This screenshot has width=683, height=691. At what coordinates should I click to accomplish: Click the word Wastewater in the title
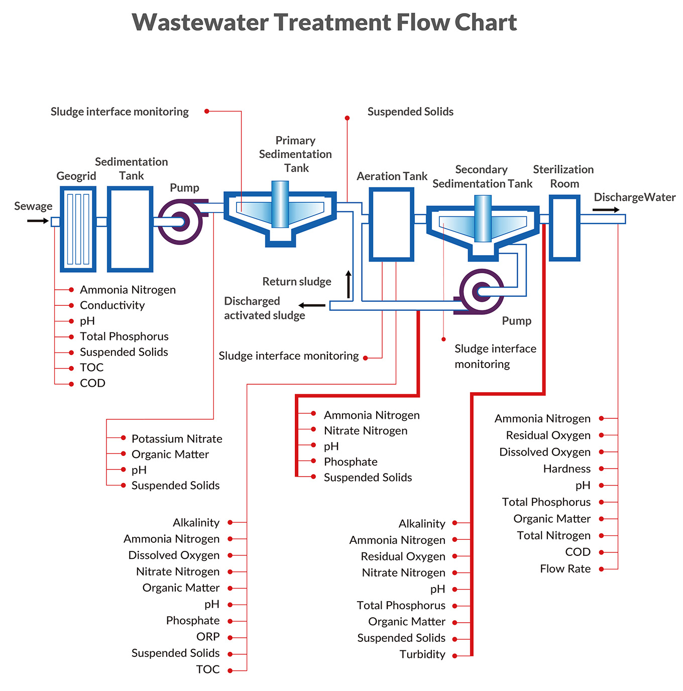click(200, 22)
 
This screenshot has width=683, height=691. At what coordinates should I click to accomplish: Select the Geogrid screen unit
click(78, 229)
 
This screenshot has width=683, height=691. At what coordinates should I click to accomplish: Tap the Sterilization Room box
click(564, 227)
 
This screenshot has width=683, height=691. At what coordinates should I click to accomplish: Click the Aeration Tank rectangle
click(391, 224)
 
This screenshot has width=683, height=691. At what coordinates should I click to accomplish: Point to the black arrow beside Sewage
click(38, 221)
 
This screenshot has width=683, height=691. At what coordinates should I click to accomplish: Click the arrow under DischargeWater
click(606, 210)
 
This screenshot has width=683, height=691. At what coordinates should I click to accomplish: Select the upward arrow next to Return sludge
click(349, 284)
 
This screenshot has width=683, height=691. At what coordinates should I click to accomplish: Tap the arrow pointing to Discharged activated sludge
click(312, 305)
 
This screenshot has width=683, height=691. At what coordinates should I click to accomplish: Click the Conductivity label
click(112, 305)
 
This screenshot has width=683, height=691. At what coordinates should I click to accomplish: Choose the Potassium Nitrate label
click(177, 438)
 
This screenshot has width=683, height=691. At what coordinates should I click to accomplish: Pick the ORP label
click(208, 636)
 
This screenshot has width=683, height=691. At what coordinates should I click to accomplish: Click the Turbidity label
click(422, 654)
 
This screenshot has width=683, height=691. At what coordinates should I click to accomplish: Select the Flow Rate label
click(565, 569)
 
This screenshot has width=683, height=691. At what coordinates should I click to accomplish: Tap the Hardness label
click(567, 469)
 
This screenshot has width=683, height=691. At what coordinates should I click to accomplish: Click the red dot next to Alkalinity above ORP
click(230, 522)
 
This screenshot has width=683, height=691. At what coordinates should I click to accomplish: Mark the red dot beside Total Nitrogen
click(602, 536)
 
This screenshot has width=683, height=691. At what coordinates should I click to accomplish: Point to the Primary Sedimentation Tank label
click(295, 154)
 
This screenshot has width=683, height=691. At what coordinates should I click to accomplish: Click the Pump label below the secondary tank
click(516, 320)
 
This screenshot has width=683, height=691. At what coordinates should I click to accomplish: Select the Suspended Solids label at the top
click(410, 111)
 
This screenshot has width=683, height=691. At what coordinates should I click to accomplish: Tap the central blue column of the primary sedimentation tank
click(280, 204)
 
